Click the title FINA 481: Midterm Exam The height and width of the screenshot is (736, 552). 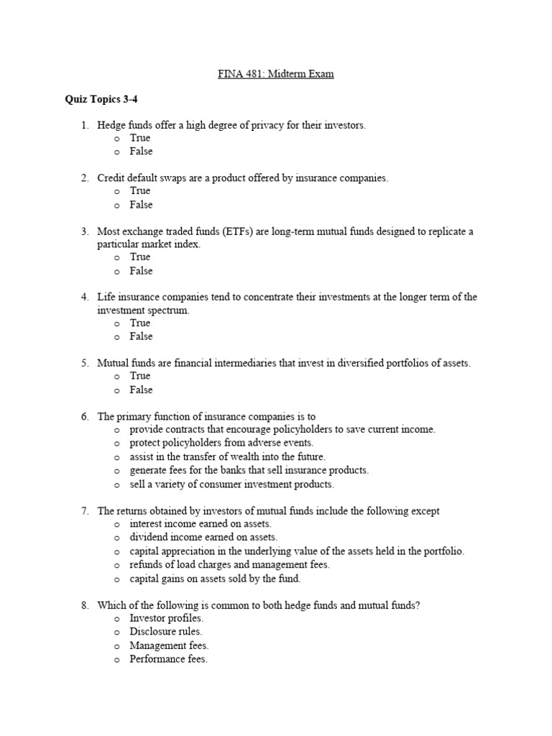point(276,74)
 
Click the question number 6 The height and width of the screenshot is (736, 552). point(84,416)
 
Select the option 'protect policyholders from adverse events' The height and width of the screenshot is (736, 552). point(221,443)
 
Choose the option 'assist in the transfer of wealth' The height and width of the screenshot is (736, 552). point(227,456)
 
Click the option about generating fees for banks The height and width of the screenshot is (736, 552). point(249,470)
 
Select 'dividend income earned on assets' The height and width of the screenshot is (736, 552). point(203,537)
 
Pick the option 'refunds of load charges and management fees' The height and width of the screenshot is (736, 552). point(229,565)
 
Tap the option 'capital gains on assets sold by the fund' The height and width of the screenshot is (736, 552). point(215,578)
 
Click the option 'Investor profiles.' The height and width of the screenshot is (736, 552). point(166,618)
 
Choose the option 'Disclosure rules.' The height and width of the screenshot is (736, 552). point(166,632)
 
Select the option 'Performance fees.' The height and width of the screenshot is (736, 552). point(168,659)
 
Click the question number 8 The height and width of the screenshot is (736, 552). point(84,605)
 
